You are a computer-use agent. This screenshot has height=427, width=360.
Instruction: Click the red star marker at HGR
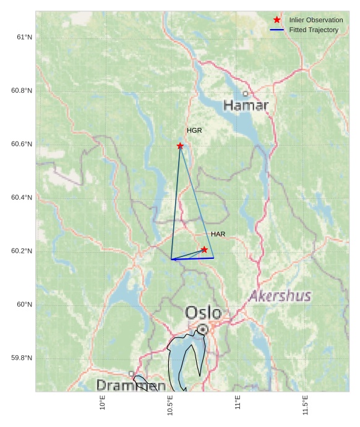(180, 146)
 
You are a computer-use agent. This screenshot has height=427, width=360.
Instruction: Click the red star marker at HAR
(204, 250)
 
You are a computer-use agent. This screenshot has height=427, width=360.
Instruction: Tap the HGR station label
(194, 131)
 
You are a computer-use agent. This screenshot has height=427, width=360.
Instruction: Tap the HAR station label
(218, 235)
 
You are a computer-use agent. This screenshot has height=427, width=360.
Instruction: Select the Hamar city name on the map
(246, 106)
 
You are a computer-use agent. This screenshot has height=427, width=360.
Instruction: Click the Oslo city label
(203, 313)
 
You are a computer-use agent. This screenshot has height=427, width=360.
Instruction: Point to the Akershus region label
(280, 297)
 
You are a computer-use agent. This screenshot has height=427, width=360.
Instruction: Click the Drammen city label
(131, 386)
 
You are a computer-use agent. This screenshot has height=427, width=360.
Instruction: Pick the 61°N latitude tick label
(24, 37)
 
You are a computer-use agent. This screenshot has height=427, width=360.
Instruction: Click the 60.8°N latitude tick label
(22, 91)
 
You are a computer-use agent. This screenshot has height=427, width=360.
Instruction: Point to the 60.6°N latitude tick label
(22, 144)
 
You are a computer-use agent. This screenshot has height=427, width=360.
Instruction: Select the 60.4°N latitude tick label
(22, 198)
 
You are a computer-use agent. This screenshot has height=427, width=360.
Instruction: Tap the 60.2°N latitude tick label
(22, 251)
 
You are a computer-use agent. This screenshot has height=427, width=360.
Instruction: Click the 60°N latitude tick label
(24, 305)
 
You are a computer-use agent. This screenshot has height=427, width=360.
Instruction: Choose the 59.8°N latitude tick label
(22, 358)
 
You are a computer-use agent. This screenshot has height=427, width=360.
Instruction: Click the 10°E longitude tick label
(103, 404)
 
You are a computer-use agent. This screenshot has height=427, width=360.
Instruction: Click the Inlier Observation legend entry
(315, 20)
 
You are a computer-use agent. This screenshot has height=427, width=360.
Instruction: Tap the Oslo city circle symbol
(202, 329)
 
